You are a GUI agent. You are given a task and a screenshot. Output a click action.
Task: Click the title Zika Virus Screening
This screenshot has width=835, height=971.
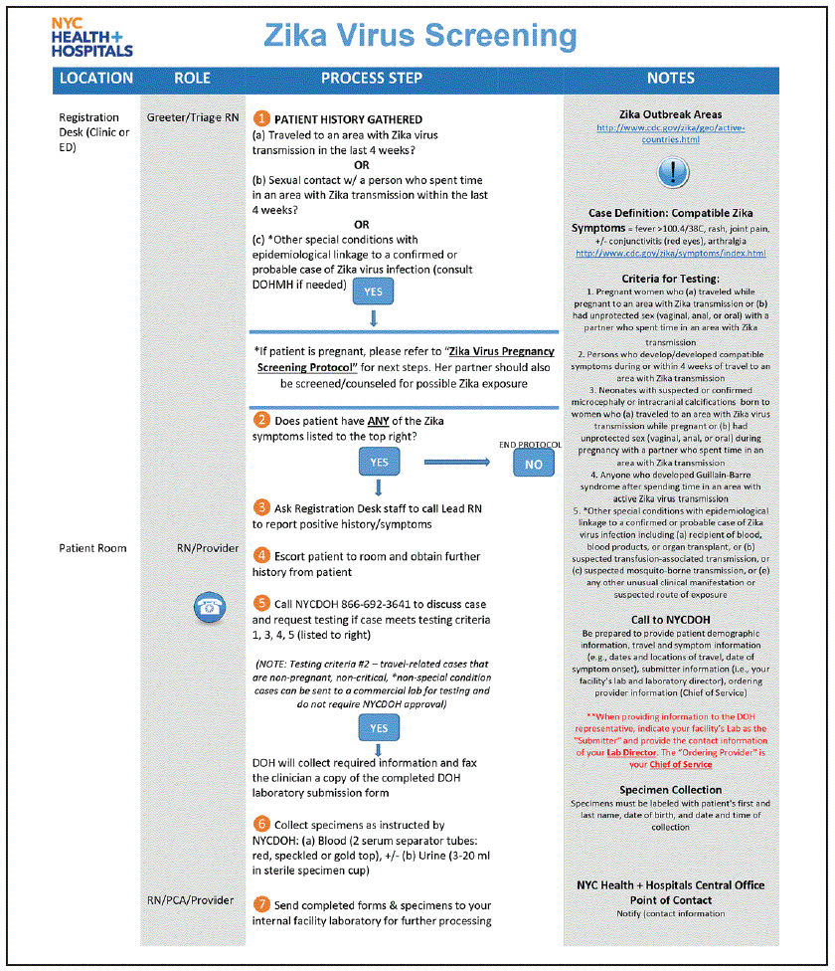tap(420, 36)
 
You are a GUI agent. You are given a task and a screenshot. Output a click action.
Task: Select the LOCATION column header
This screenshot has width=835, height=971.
tap(95, 78)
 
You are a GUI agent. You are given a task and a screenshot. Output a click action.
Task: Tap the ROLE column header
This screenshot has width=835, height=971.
tap(192, 78)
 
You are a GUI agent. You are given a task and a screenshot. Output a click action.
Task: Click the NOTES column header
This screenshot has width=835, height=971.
tap(671, 78)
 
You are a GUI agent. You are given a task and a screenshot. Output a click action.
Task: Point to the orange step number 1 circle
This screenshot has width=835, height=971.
tap(262, 118)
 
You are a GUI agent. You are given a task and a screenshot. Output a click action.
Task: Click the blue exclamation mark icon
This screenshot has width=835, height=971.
tap(673, 173)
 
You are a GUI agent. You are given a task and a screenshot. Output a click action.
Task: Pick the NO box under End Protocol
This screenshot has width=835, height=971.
tap(534, 464)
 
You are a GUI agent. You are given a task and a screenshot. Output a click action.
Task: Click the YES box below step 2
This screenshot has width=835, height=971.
tap(379, 463)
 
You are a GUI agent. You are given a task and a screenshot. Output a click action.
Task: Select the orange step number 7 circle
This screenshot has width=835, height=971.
tap(261, 904)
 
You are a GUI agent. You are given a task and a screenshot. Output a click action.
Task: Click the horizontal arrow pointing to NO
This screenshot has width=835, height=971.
tap(462, 462)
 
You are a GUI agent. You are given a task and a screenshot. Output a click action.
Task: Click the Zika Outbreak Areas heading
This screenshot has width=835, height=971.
tap(671, 114)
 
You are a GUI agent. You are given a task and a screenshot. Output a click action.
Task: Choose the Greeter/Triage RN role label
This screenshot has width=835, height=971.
tap(193, 117)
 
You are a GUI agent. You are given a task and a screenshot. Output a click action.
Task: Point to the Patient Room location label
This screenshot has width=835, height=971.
tap(93, 548)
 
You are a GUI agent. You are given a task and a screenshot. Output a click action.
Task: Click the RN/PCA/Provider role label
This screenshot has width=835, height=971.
tap(191, 900)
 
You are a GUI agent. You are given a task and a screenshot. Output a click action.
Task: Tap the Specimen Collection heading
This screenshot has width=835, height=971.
tap(671, 790)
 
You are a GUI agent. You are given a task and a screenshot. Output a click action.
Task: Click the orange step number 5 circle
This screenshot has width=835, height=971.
tap(261, 603)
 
